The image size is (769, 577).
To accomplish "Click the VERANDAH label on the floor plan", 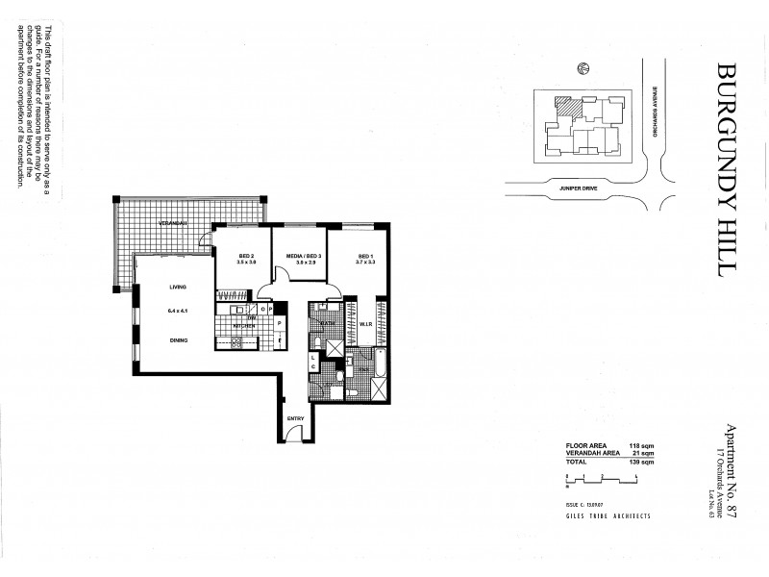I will (x=173, y=223).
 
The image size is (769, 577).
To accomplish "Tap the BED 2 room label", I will (x=247, y=256).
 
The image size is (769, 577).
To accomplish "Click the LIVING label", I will (x=178, y=287).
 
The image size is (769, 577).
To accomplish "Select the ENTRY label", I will (x=295, y=417).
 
